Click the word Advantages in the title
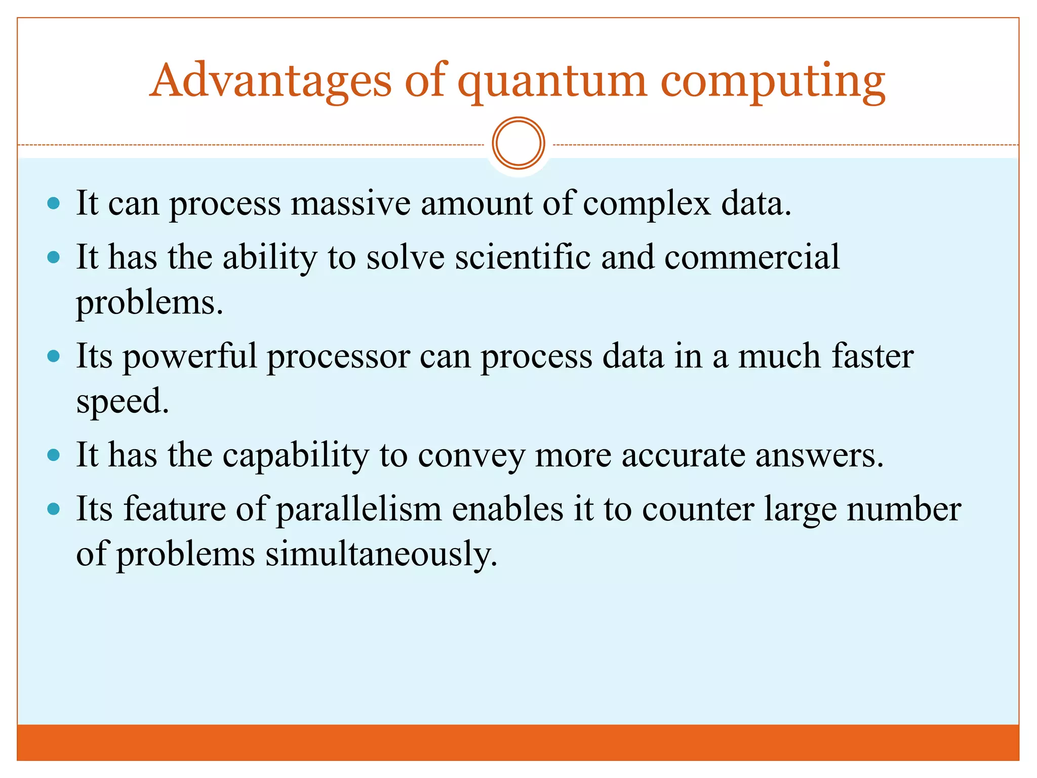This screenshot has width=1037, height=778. (x=271, y=81)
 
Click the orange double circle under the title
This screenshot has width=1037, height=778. (x=518, y=143)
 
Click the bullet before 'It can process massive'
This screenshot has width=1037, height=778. (x=53, y=204)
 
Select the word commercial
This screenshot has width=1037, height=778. (x=752, y=257)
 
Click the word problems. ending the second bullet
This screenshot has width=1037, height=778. (x=149, y=303)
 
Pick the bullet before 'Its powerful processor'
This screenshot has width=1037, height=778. (x=53, y=357)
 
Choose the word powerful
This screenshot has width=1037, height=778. (x=190, y=357)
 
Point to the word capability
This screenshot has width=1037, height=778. (x=296, y=455)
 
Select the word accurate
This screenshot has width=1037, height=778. (x=683, y=455)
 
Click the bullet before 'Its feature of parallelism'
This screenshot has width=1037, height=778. (x=53, y=509)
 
